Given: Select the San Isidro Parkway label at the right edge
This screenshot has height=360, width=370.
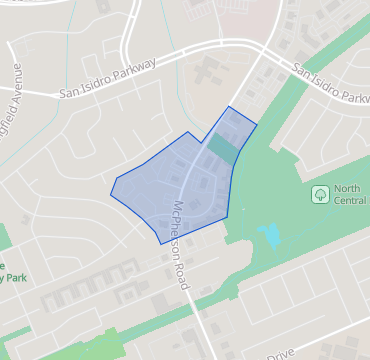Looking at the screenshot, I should pyautogui.click(x=331, y=84).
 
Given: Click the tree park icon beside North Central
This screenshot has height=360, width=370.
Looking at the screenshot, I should pyautogui.click(x=320, y=194).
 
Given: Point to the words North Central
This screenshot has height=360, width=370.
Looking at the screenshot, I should pyautogui.click(x=349, y=194).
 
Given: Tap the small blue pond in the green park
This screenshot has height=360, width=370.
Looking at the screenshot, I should pyautogui.click(x=269, y=237).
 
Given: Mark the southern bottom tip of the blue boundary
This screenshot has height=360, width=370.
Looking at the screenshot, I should pyautogui.click(x=161, y=243).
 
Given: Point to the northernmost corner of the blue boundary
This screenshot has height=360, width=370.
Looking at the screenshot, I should pyautogui.click(x=230, y=106).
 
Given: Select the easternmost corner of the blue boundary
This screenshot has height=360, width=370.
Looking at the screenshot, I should pyautogui.click(x=257, y=124).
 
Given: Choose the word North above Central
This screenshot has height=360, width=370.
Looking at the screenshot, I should pyautogui.click(x=349, y=188).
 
